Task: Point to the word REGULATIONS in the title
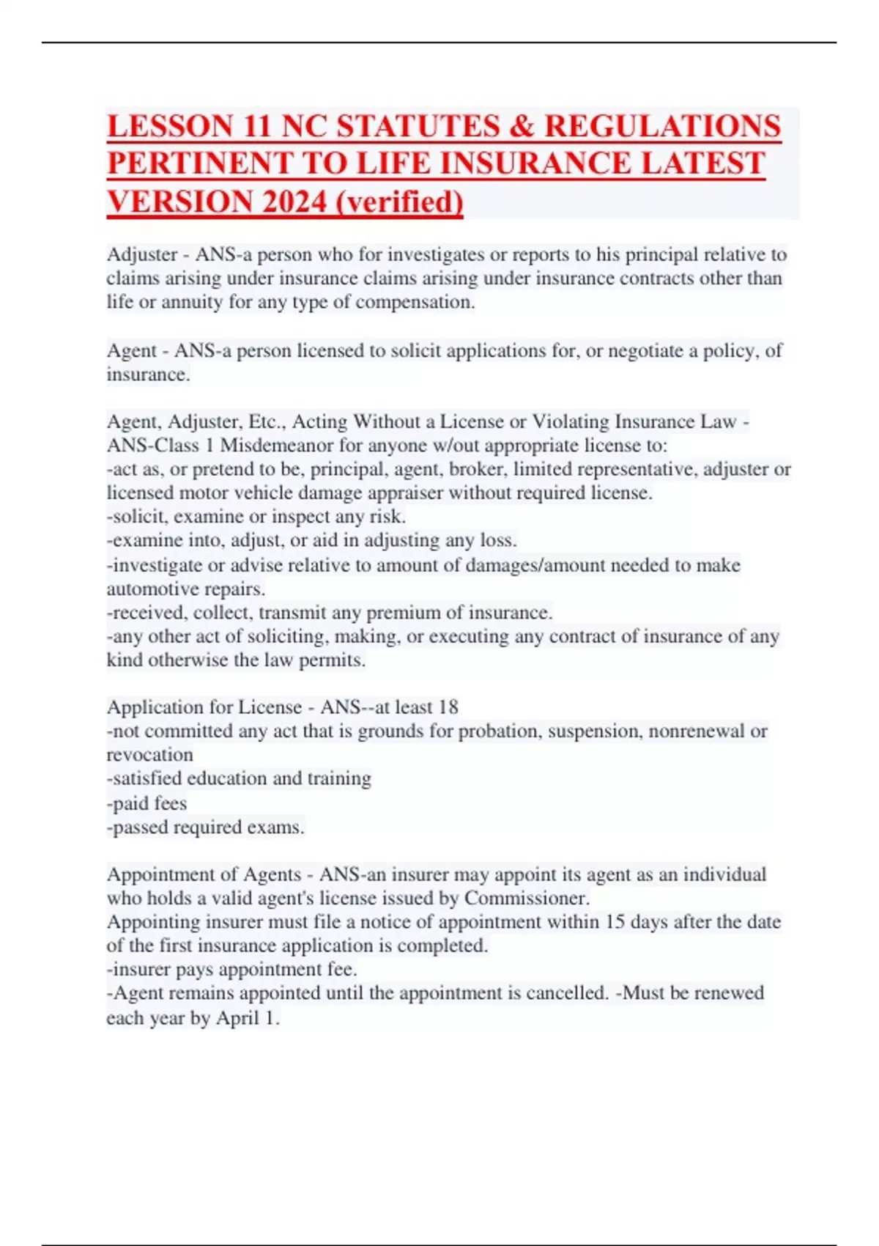tap(662, 126)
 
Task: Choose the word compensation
tap(413, 302)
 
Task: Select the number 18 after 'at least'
tap(448, 707)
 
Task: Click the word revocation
tap(150, 754)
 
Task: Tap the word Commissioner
tap(526, 898)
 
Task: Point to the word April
tap(238, 1018)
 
